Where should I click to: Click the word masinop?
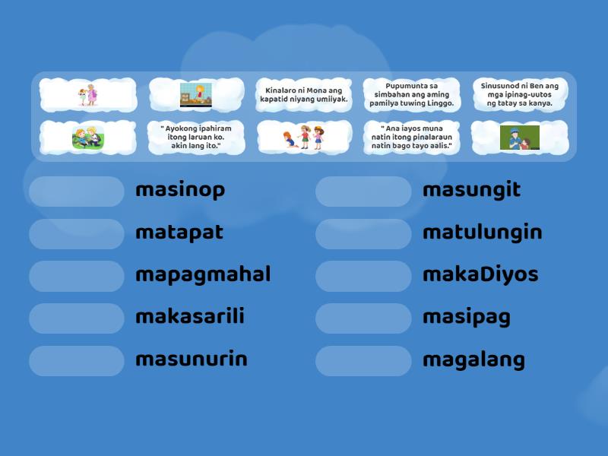pyautogui.click(x=180, y=190)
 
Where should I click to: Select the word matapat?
pyautogui.click(x=179, y=233)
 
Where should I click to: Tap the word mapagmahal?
pyautogui.click(x=203, y=274)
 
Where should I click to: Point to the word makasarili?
pyautogui.click(x=190, y=317)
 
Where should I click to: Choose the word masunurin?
pyautogui.click(x=192, y=359)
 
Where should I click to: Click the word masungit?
pyautogui.click(x=471, y=190)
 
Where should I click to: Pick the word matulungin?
pyautogui.click(x=483, y=233)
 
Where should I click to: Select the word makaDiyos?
pyautogui.click(x=480, y=274)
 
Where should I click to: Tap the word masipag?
pyautogui.click(x=467, y=317)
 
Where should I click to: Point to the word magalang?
pyautogui.click(x=473, y=359)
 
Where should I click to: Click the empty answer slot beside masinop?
pyautogui.click(x=77, y=192)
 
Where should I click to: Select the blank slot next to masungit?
pyautogui.click(x=363, y=192)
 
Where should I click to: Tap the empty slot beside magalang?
pyautogui.click(x=363, y=361)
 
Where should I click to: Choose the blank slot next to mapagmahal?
pyautogui.click(x=77, y=276)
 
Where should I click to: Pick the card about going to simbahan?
pyautogui.click(x=412, y=95)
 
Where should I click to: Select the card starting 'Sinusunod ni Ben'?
pyautogui.click(x=520, y=95)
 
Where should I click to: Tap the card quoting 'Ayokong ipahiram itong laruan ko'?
pyautogui.click(x=196, y=138)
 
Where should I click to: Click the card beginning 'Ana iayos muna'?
pyautogui.click(x=412, y=138)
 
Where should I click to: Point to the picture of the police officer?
pyautogui.click(x=520, y=138)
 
